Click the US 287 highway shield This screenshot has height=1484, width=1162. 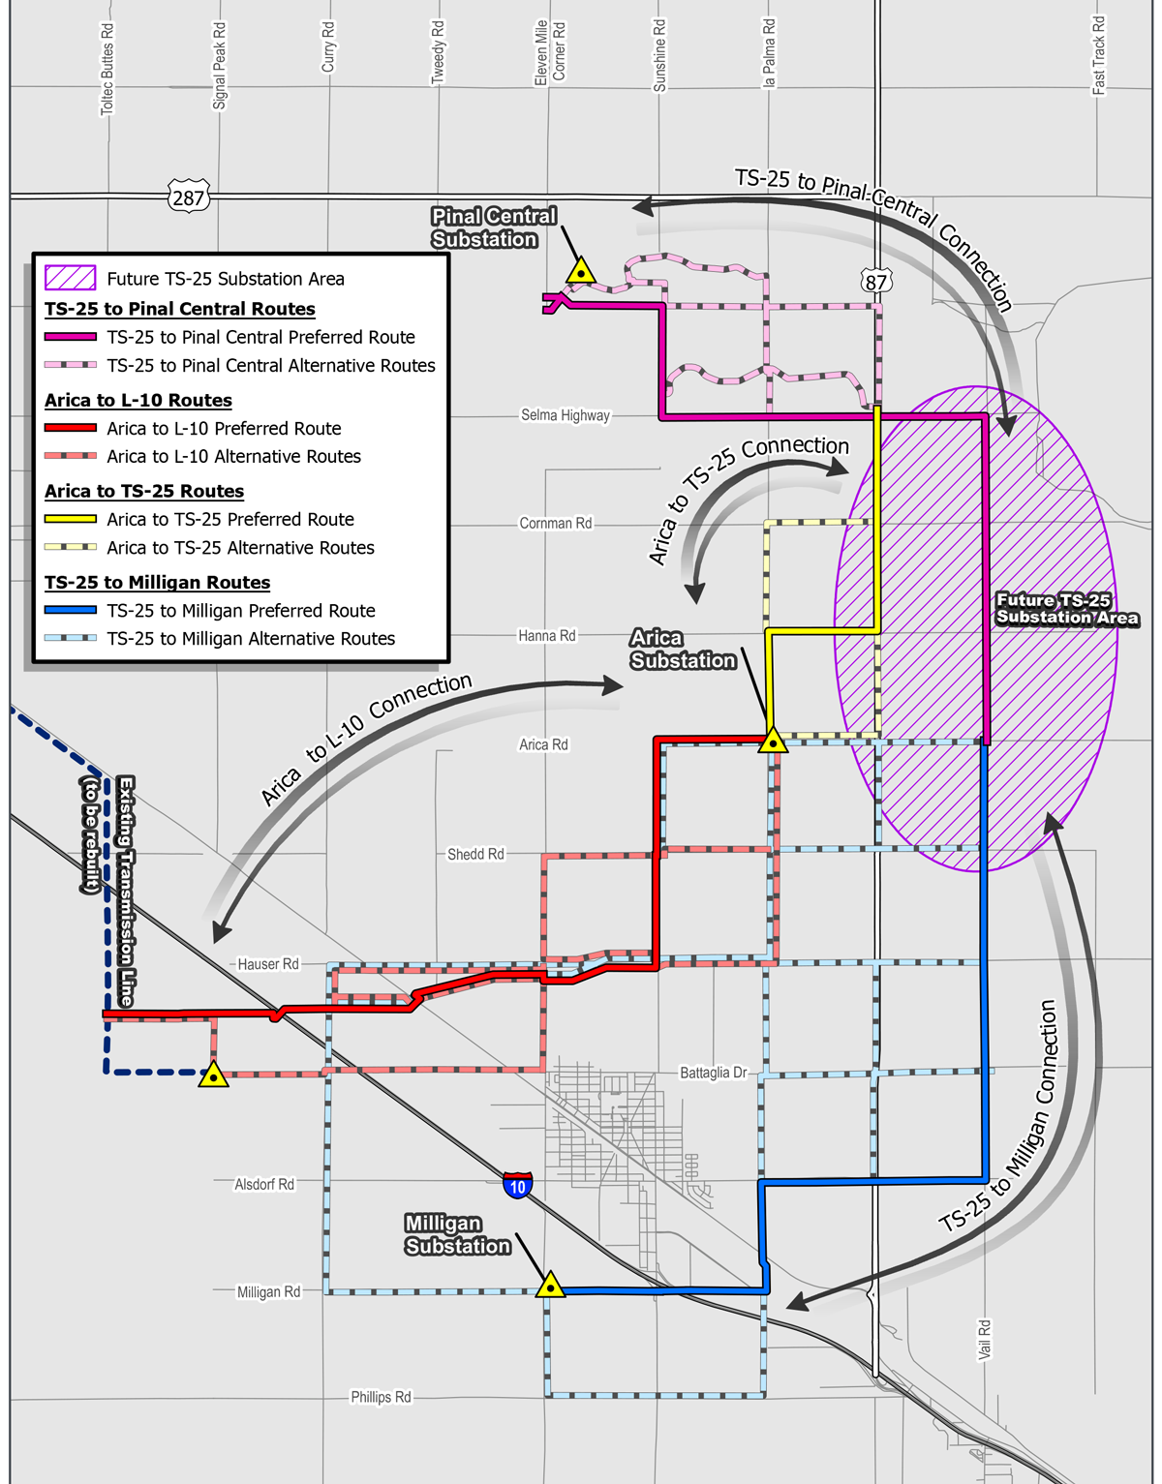click(x=188, y=197)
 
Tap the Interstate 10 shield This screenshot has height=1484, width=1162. click(x=518, y=1185)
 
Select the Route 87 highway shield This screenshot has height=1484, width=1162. click(x=875, y=282)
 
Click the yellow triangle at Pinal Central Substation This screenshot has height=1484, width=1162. click(x=580, y=271)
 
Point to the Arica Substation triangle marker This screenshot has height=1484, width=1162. click(x=773, y=742)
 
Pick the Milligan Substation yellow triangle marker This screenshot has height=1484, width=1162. click(x=550, y=1287)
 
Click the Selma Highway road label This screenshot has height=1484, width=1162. click(x=566, y=415)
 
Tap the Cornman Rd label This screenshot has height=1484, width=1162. click(x=556, y=523)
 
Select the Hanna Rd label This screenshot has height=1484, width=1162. click(x=547, y=636)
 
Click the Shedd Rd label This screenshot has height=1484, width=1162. click(x=475, y=854)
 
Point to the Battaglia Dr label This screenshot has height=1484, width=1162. click(x=714, y=1073)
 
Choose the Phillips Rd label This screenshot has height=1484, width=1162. click(x=381, y=1397)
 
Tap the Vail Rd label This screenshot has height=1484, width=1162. click(x=985, y=1339)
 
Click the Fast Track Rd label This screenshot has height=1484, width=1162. click(x=1098, y=55)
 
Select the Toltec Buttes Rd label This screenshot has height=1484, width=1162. click(x=107, y=70)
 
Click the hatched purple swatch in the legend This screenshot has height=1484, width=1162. click(x=71, y=279)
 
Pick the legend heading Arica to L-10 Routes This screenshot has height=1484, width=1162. click(x=138, y=400)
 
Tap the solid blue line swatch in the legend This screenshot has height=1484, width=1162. click(x=71, y=611)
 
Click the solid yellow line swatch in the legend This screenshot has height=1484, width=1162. click(x=71, y=520)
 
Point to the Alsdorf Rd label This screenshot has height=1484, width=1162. click(x=264, y=1184)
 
